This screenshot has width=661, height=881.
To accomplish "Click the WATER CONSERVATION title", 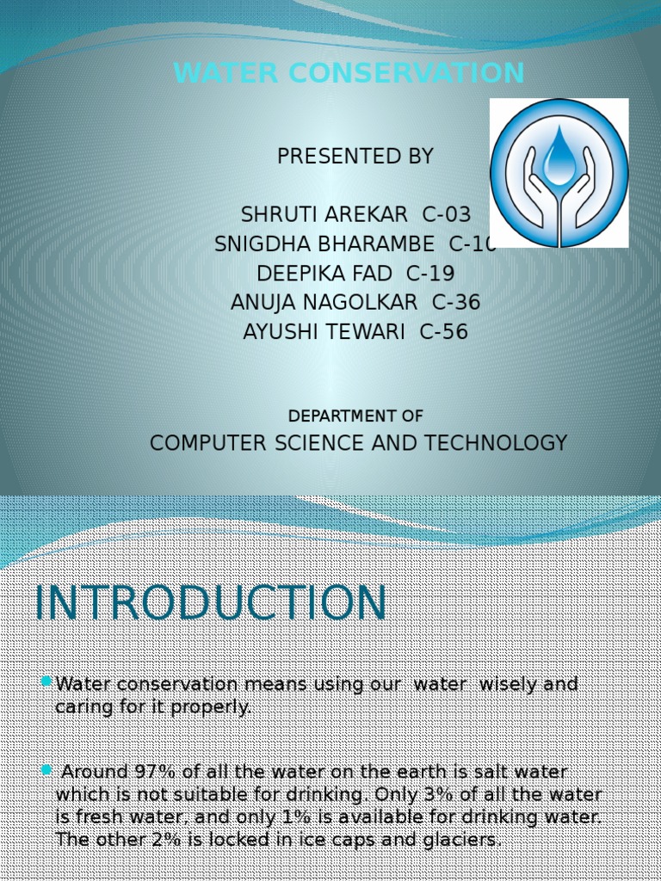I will click(x=349, y=74).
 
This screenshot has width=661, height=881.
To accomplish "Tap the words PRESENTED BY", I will click(x=355, y=157).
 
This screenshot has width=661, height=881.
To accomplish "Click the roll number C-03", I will click(x=447, y=214).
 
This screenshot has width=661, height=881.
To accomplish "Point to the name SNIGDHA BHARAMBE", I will click(x=324, y=244).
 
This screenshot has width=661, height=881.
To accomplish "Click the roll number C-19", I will click(x=430, y=274).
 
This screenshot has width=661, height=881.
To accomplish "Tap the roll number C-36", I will click(x=456, y=303).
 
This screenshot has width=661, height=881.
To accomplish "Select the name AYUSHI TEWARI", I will click(x=324, y=332).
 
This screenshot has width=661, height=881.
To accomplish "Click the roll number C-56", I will click(x=444, y=332).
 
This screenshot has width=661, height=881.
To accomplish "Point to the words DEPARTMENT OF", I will click(x=355, y=416).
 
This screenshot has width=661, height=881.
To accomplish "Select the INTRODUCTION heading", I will click(x=211, y=603).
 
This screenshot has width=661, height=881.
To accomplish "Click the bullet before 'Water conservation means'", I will click(x=46, y=682).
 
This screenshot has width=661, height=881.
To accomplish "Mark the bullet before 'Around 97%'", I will click(x=46, y=769).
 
